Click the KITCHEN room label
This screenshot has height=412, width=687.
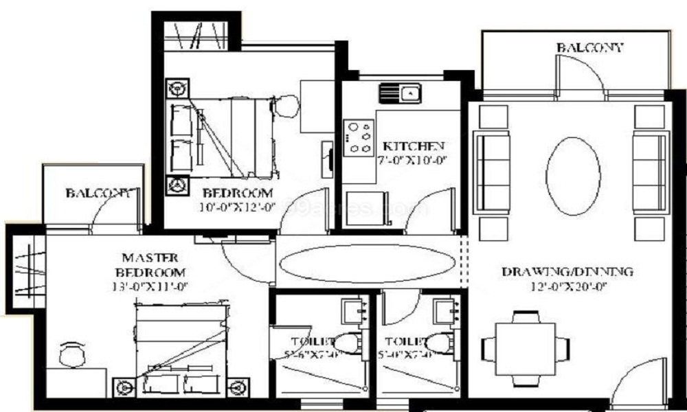pyautogui.click(x=413, y=146)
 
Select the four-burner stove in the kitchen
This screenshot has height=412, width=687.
pyautogui.click(x=359, y=137)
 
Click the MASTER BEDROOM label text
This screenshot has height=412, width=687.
pyautogui.click(x=149, y=264)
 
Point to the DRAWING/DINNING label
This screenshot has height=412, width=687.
pyautogui.click(x=567, y=271)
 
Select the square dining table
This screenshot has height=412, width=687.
pyautogui.click(x=526, y=348)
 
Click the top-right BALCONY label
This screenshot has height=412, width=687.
pyautogui.click(x=590, y=48)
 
